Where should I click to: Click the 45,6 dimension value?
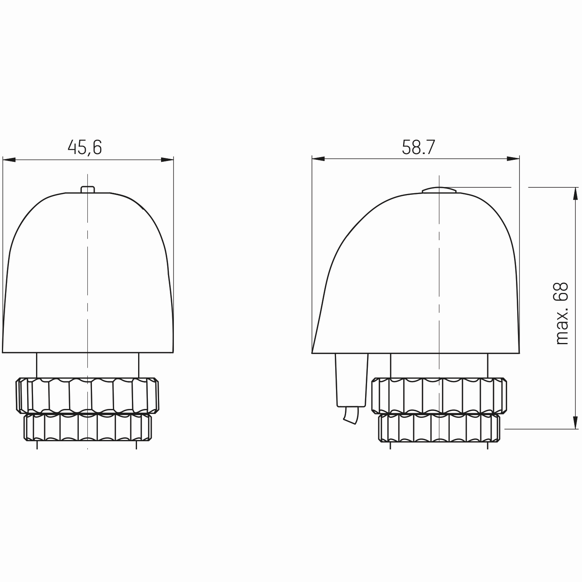click(85, 147)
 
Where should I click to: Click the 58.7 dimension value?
click(419, 147)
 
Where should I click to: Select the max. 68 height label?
click(561, 314)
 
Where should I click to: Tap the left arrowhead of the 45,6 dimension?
click(9, 159)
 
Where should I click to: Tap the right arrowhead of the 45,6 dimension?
click(167, 159)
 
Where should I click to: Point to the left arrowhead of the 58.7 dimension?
click(318, 158)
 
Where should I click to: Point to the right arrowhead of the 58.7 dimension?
click(513, 158)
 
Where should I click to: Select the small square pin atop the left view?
click(88, 189)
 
